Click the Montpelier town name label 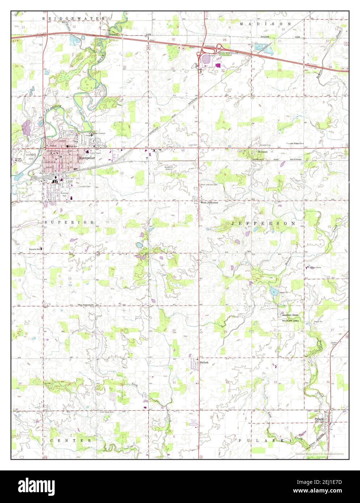coord(86,158)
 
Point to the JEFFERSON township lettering coord(263,224)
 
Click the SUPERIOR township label coord(69,222)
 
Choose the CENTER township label coord(71,440)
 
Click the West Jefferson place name coord(209,203)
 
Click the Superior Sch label coord(36,249)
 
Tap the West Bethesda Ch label coord(86,305)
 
